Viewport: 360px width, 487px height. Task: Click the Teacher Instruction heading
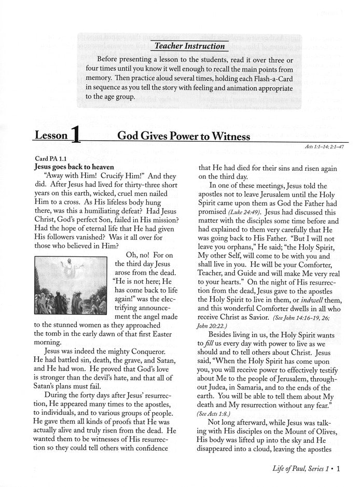[190, 46]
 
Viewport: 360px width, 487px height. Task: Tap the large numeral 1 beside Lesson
[76, 136]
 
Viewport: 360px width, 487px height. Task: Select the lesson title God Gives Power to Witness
[184, 136]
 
